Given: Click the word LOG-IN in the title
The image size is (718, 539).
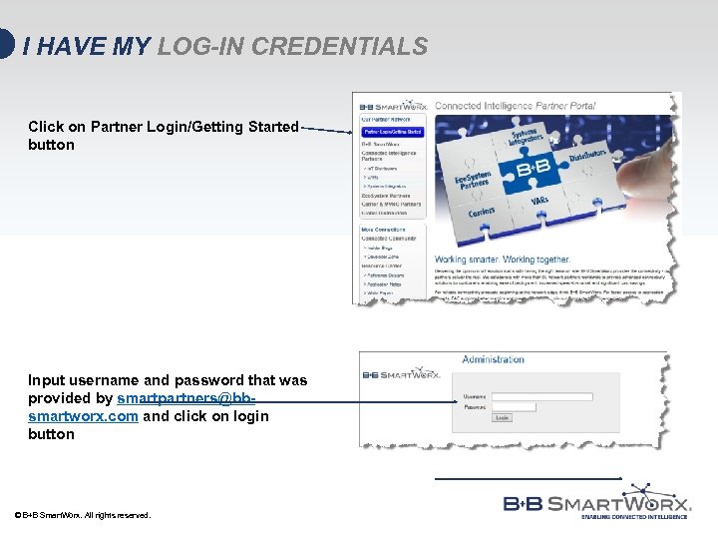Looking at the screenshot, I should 209,46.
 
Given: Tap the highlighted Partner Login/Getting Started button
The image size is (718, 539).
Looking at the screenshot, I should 392,132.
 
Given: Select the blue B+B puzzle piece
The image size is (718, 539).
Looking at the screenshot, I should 530,169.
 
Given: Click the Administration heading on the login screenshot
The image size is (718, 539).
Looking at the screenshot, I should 493,359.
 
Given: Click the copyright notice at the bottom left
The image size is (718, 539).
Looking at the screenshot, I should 83,515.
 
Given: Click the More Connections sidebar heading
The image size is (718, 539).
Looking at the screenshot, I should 385,230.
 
